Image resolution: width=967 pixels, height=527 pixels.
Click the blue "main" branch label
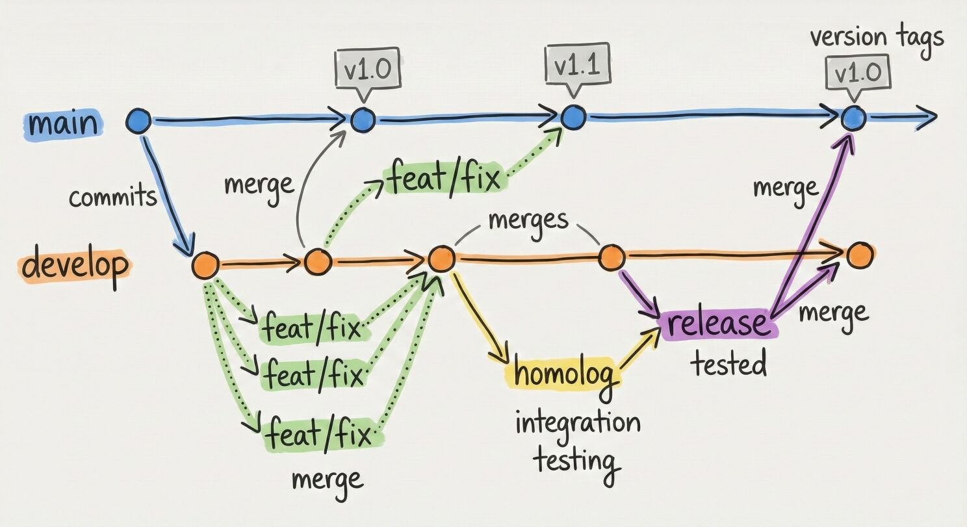point(63,123)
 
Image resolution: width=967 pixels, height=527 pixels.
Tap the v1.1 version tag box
point(578,66)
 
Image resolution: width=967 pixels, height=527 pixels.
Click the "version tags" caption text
point(877,37)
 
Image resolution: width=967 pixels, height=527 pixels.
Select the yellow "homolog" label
point(563,373)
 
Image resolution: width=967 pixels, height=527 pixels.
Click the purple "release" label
point(718,323)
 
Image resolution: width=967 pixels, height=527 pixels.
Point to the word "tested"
point(728,363)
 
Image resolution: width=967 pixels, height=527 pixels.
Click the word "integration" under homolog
point(578,424)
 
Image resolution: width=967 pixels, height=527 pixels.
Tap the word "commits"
point(113,196)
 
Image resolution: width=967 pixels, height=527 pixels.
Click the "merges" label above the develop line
point(528,220)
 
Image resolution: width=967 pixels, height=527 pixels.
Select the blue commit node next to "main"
point(138,120)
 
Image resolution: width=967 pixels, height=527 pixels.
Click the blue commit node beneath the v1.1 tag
point(573,117)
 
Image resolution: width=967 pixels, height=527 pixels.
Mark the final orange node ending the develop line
point(860,255)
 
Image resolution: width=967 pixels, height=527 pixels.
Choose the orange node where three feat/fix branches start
point(205,265)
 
